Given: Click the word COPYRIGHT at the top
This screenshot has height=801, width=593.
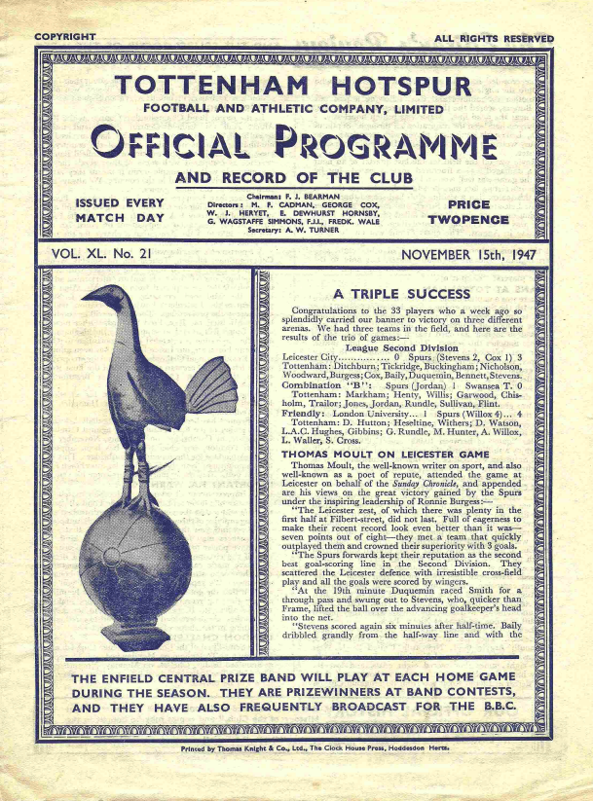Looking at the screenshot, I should [x=64, y=37].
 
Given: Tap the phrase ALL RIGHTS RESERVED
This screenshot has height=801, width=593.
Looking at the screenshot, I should [x=494, y=38].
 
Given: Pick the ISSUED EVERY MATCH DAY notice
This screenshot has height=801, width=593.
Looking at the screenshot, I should [x=119, y=211].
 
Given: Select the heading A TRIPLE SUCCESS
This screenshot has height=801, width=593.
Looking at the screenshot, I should [x=400, y=292].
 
